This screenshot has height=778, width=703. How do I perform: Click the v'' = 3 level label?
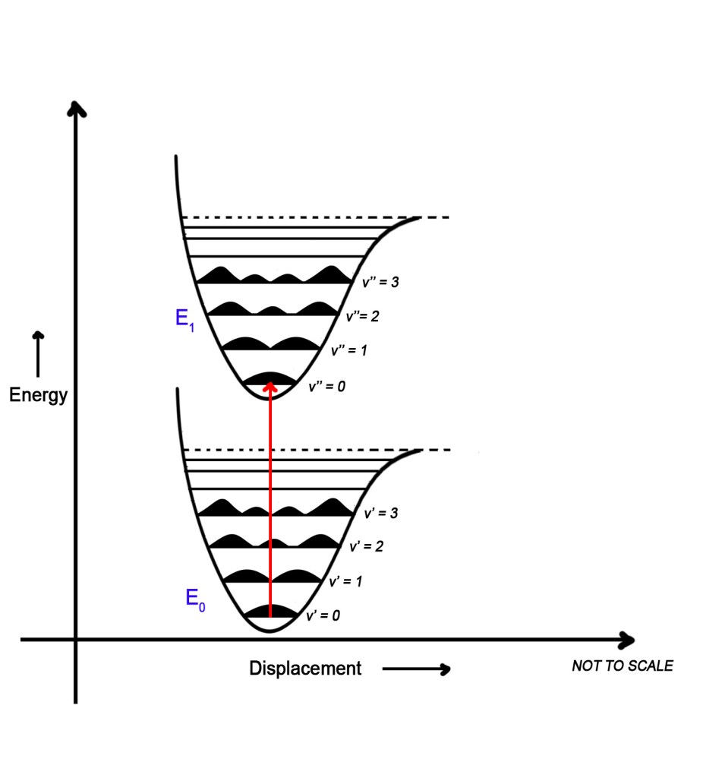click(380, 283)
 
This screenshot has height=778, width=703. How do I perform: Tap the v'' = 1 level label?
click(349, 351)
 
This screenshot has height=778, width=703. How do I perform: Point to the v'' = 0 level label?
click(326, 387)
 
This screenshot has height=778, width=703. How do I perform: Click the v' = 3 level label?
click(381, 514)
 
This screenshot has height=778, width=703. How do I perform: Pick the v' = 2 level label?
click(367, 547)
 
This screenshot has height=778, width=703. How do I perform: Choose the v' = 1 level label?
click(345, 582)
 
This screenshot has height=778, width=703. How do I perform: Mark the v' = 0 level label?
click(323, 616)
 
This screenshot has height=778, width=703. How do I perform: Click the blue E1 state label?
click(185, 319)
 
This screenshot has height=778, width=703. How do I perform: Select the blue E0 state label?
click(195, 599)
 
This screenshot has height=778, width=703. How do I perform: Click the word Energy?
click(39, 396)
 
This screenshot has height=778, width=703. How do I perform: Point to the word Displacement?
click(305, 669)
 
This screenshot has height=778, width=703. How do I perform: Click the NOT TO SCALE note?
click(622, 666)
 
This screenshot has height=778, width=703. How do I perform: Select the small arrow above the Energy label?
click(38, 353)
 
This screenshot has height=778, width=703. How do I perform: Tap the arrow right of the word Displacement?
click(416, 669)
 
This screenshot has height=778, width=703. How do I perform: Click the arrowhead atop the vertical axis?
click(75, 109)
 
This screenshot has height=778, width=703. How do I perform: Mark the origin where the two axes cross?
click(75, 640)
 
